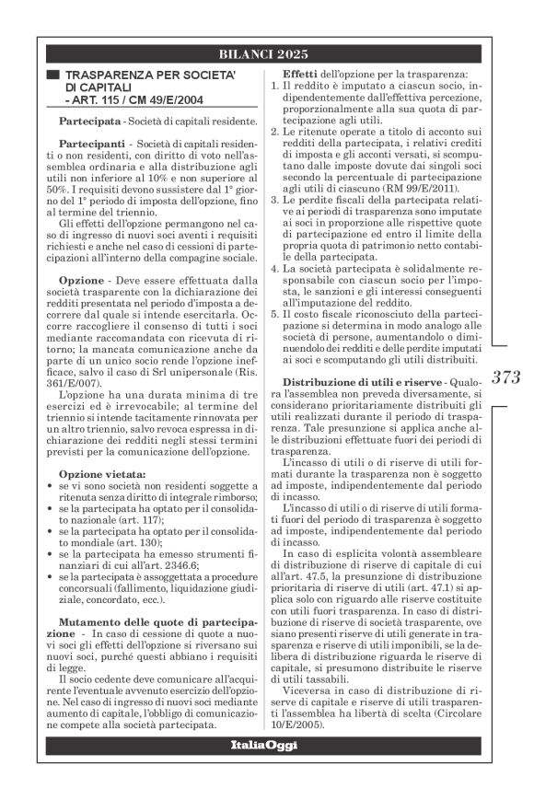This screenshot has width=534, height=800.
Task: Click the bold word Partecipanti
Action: (87, 147)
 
